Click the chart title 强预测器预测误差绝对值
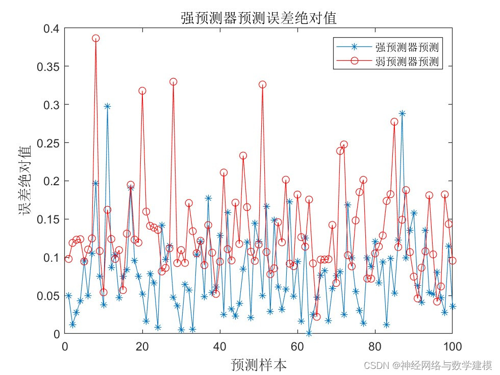[259, 18]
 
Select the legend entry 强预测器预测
[407, 48]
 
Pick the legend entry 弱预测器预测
[407, 61]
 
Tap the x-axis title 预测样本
[259, 364]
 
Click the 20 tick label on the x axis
[142, 346]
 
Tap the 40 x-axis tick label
[220, 346]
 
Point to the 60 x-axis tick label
[297, 346]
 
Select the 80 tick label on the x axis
[375, 346]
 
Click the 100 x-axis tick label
[452, 346]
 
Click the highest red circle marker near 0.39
[96, 38]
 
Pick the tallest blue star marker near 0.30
[108, 106]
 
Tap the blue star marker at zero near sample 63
[309, 333]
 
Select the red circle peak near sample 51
[262, 85]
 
